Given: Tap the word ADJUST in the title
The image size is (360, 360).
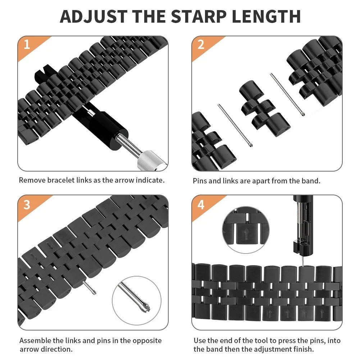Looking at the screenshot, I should pos(94,16).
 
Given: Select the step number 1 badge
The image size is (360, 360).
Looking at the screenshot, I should pos(26,45).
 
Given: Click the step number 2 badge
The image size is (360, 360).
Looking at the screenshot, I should pos(201,45).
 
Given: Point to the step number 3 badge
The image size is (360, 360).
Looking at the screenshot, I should pos(27,204).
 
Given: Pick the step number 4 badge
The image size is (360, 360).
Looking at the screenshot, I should pos(201,204).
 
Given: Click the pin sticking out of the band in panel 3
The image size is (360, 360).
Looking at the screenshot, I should pos(89,287).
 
